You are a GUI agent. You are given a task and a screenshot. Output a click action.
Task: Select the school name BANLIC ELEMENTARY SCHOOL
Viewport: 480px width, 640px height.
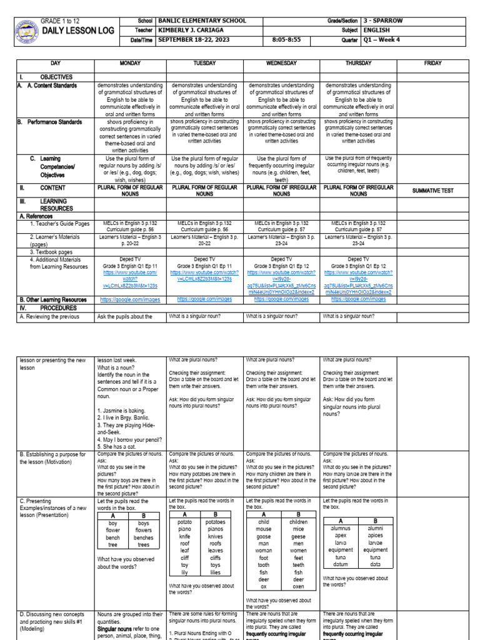tap(202, 21)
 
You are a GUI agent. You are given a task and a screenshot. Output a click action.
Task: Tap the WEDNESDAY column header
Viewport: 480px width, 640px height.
tap(281, 64)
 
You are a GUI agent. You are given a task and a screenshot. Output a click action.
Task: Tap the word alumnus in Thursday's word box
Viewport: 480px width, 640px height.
tap(341, 528)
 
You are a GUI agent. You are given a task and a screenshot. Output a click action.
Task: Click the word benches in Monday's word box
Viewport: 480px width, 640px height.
tap(144, 537)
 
